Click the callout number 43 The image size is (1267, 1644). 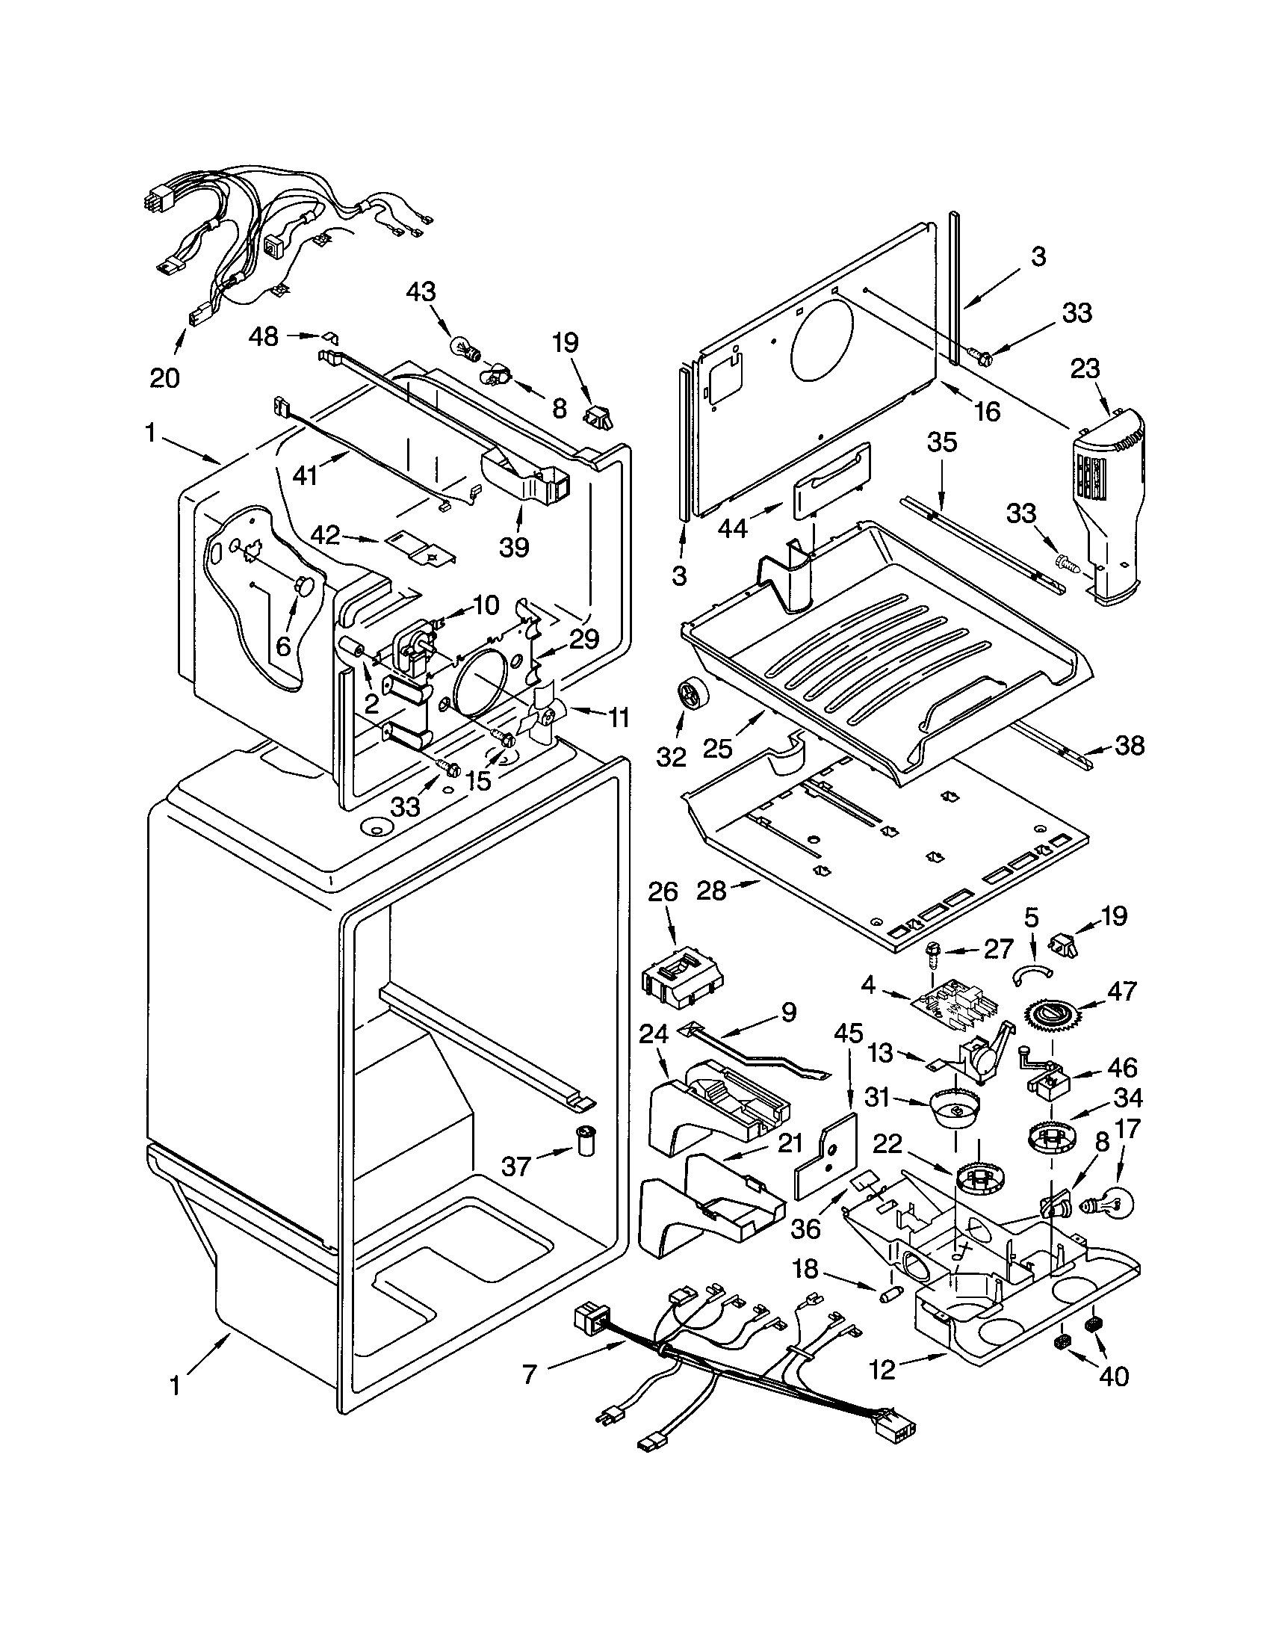click(x=421, y=291)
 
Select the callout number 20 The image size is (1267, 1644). click(x=165, y=378)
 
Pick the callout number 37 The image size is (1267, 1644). click(x=516, y=1166)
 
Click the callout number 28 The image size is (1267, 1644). click(x=712, y=891)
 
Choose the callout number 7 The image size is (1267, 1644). click(x=529, y=1373)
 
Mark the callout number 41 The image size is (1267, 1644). click(x=305, y=477)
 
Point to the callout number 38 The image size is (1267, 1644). click(x=1129, y=746)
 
